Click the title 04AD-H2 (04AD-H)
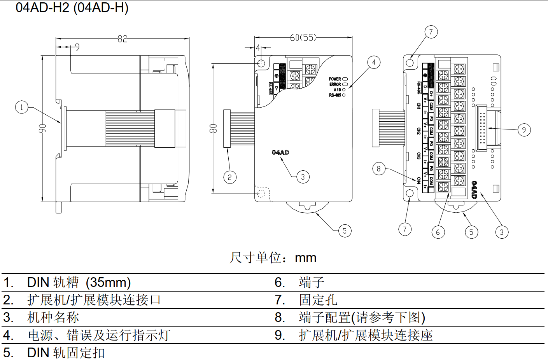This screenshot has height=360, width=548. click(72, 7)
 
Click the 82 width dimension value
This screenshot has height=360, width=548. click(122, 39)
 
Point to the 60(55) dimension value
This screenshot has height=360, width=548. click(303, 38)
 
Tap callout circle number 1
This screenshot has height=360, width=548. click(22, 107)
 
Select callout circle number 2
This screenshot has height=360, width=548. click(230, 177)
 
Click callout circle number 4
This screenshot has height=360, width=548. click(374, 62)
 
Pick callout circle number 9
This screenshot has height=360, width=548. click(524, 130)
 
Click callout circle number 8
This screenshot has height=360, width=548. click(378, 169)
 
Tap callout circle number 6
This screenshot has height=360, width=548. click(438, 232)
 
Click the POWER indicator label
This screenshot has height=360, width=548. click(335, 79)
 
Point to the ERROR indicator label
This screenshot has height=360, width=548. click(335, 84)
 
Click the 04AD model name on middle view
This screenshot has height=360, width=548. click(280, 152)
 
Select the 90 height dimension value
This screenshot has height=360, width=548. click(42, 128)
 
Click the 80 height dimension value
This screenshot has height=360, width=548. click(213, 128)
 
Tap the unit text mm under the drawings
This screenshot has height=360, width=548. click(306, 258)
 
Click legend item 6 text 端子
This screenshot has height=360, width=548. click(312, 282)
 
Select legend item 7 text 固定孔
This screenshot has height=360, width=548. click(318, 300)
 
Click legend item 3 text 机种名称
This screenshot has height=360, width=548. click(53, 318)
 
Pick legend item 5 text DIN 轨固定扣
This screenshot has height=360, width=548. click(66, 353)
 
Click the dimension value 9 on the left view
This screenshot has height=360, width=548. click(77, 47)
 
